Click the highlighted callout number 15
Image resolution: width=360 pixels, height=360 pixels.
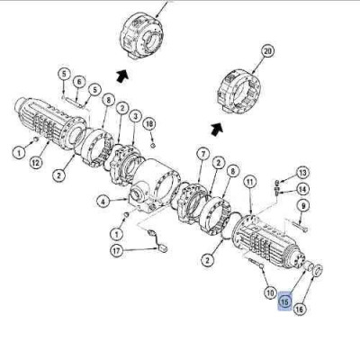coord(285,301)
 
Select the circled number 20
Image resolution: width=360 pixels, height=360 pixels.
coord(267,51)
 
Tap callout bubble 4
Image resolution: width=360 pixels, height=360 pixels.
coord(103,202)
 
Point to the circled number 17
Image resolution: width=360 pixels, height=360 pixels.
coord(117,250)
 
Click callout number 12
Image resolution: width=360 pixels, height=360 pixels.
coord(36,163)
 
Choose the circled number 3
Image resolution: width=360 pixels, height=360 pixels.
coord(135,116)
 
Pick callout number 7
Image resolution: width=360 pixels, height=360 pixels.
coord(203,154)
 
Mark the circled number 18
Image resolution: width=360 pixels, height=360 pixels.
coord(149,124)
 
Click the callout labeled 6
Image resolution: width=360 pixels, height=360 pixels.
coord(79,82)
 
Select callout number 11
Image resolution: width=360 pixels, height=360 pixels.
coord(250,182)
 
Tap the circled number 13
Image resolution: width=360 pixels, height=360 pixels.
coord(302,173)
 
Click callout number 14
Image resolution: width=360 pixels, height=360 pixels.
coord(302,189)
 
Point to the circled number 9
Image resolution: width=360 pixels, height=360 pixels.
coord(303,206)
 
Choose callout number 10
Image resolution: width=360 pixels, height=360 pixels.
coord(271,292)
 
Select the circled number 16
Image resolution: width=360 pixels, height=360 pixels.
coord(300,309)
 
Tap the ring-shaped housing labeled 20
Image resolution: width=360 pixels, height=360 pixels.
coord(238,92)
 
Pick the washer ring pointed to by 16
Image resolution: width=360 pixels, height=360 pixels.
coord(318,270)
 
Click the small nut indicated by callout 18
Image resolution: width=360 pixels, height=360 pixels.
coord(152,146)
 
